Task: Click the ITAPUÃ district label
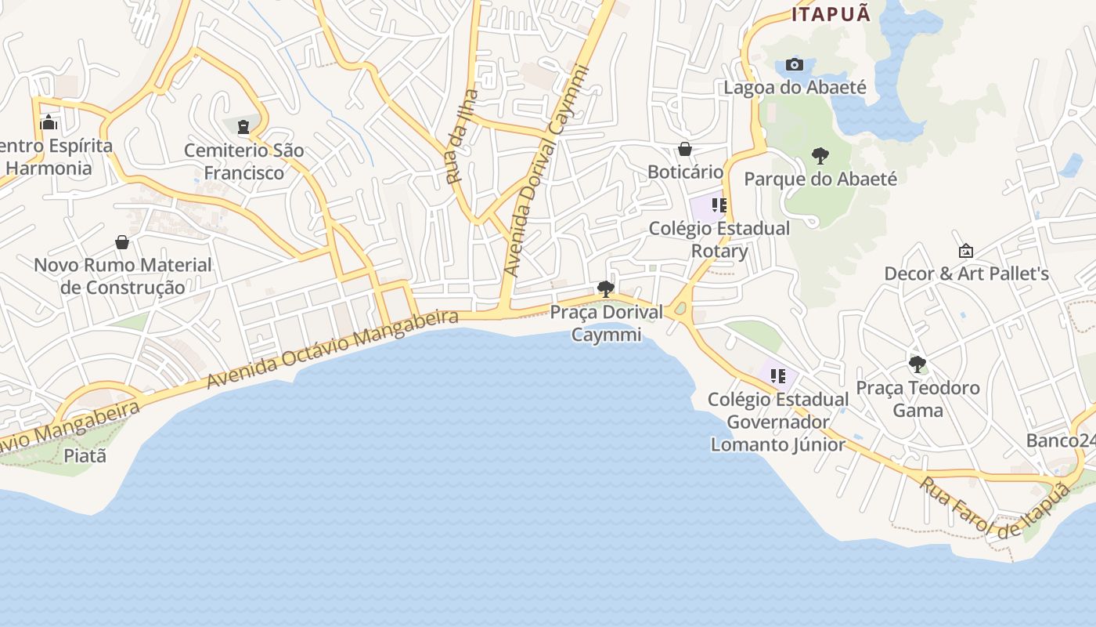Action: point(831,14)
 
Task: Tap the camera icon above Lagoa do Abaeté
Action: point(795,64)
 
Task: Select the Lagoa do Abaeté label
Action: point(795,87)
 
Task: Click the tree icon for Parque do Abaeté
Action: point(820,155)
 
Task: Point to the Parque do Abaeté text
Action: point(820,179)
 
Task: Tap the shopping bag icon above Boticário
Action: point(685,148)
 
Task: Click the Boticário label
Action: point(685,172)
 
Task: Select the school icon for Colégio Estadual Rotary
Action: point(719,205)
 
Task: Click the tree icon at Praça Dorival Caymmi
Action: point(605,288)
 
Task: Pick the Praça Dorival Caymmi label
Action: point(606,323)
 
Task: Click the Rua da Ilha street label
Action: point(462,137)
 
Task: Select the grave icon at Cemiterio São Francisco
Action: point(243,126)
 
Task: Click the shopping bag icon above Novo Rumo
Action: point(122,242)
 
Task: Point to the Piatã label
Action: point(85,455)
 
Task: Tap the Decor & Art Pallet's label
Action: point(966,274)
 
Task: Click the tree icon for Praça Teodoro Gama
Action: point(917,364)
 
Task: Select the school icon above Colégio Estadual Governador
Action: point(777,376)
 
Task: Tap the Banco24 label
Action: point(1061,440)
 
